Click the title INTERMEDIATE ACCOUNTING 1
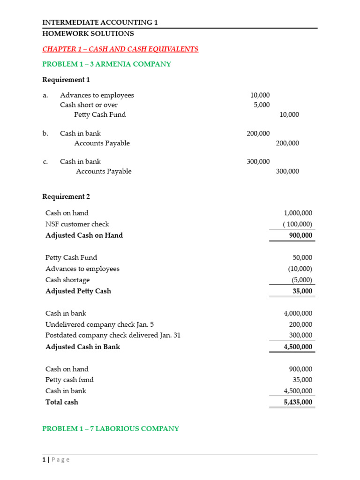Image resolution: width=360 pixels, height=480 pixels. (x=103, y=22)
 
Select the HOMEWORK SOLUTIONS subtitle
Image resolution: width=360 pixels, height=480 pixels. (x=88, y=34)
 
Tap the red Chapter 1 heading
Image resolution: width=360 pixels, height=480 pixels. (x=120, y=49)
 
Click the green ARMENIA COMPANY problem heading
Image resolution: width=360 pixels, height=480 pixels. (x=107, y=64)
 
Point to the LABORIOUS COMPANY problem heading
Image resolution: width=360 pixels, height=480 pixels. (x=111, y=429)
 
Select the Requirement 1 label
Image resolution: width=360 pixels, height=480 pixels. (x=66, y=80)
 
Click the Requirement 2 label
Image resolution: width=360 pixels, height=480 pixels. (x=66, y=197)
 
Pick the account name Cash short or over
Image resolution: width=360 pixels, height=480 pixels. (x=89, y=105)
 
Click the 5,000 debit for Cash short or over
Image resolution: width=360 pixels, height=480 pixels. (x=262, y=105)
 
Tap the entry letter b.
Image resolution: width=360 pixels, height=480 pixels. (x=45, y=134)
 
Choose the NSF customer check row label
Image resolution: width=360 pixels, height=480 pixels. (x=77, y=224)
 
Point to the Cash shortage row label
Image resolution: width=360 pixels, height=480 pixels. (x=67, y=280)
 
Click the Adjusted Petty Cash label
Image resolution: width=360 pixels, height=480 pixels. (x=78, y=291)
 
